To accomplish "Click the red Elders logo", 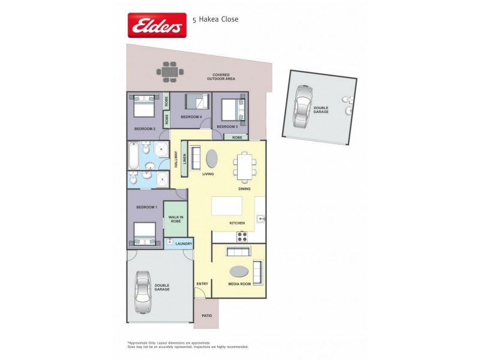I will pyautogui.click(x=157, y=25).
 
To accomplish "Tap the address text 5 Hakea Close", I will pyautogui.click(x=215, y=19).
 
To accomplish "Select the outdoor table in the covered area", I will pyautogui.click(x=172, y=71).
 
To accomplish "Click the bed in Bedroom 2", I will pyautogui.click(x=144, y=107).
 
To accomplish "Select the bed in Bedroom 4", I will pyautogui.click(x=197, y=101).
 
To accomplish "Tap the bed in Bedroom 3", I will pyautogui.click(x=232, y=110).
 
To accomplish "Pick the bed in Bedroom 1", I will pyautogui.click(x=144, y=233).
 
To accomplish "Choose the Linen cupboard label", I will pyautogui.click(x=185, y=159).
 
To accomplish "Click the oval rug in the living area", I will pyautogui.click(x=212, y=158).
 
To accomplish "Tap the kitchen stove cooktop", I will pyautogui.click(x=242, y=236).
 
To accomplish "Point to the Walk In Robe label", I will pyautogui.click(x=175, y=219).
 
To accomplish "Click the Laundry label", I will pyautogui.click(x=184, y=244).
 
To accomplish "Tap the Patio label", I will pyautogui.click(x=206, y=314).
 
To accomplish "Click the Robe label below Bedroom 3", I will pyautogui.click(x=238, y=137).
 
